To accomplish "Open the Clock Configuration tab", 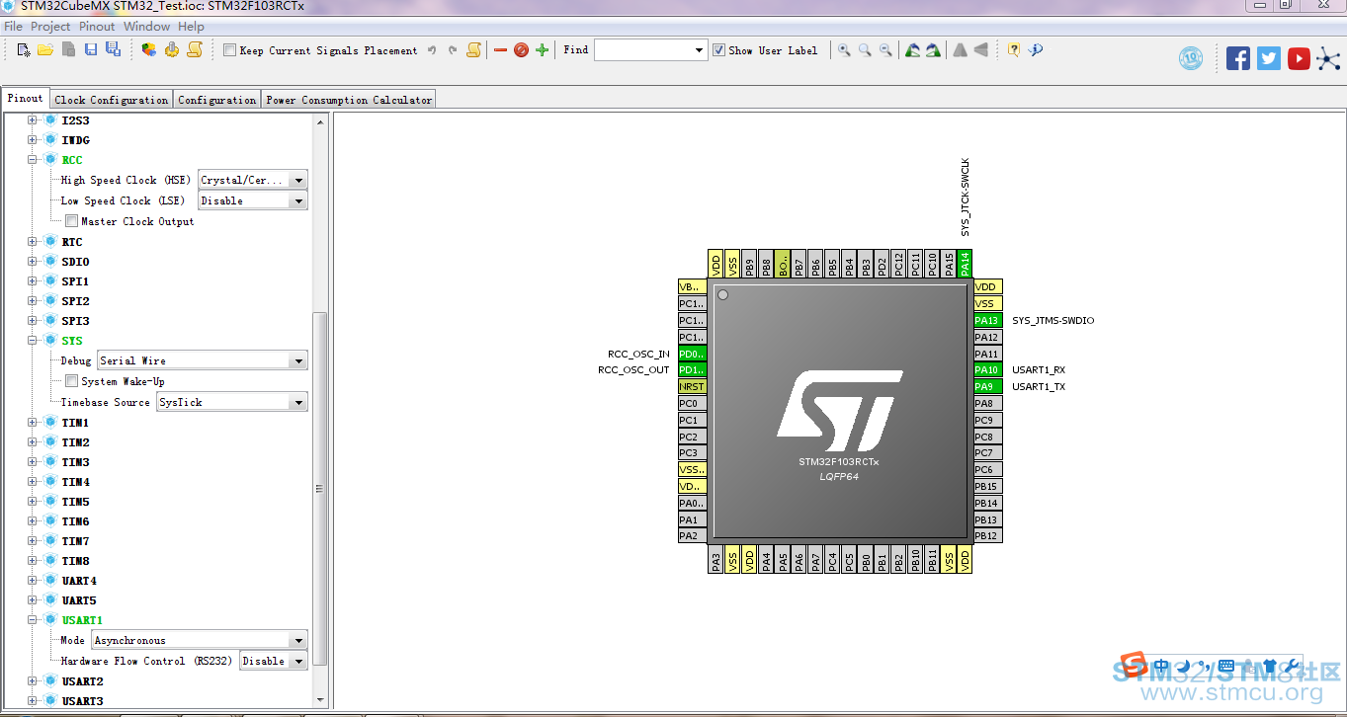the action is click(112, 100).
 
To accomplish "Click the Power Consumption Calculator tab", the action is click(349, 100).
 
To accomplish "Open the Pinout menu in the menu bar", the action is click(97, 27).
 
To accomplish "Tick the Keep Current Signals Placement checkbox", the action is click(229, 50).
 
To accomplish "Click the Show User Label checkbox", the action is click(718, 50).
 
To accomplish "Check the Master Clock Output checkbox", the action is click(71, 221).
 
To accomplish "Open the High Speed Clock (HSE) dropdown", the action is click(253, 181).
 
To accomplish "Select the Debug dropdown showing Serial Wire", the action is click(202, 360).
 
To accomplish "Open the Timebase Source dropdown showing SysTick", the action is click(231, 402).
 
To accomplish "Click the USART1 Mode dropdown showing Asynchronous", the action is click(199, 640).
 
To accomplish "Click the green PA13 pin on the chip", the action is click(987, 320).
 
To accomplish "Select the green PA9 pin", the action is click(987, 386).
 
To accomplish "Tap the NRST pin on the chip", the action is click(692, 386).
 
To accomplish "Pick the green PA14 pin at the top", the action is click(965, 264).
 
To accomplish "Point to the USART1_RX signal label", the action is click(1039, 369).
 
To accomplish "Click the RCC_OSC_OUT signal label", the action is click(633, 369).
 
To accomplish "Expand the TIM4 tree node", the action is click(32, 481).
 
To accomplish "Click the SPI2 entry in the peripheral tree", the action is click(75, 301).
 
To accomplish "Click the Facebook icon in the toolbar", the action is click(1238, 58).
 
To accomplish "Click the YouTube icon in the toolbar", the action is click(1299, 58).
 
